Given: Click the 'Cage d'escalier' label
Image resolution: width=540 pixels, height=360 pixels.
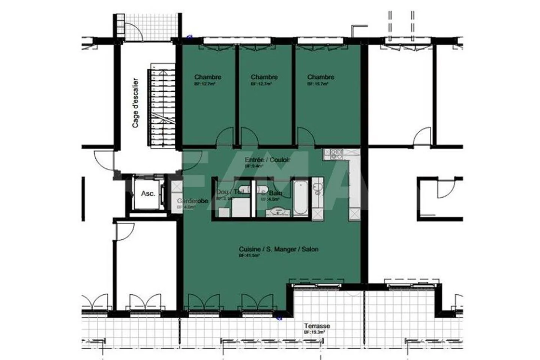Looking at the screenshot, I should click(x=135, y=103).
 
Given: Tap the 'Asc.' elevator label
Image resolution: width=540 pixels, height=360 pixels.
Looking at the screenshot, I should click(x=148, y=194).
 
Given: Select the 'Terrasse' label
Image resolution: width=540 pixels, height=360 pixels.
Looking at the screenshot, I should click(x=317, y=326).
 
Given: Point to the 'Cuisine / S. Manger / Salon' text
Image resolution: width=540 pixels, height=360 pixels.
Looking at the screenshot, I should click(x=279, y=249).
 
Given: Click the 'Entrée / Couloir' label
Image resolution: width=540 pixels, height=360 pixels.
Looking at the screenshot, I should click(x=267, y=160).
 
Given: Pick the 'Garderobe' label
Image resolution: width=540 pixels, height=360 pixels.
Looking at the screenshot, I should click(x=192, y=201).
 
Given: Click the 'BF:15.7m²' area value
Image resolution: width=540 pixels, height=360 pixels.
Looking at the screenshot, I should click(x=318, y=84).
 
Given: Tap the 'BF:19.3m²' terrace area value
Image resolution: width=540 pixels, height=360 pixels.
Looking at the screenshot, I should click(x=314, y=332).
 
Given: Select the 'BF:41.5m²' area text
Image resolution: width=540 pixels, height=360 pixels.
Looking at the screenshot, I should click(x=249, y=255).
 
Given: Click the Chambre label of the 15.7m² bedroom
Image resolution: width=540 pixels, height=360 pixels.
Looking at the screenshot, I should click(x=321, y=77).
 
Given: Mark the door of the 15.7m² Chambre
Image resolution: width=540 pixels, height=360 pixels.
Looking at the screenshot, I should click(x=306, y=137).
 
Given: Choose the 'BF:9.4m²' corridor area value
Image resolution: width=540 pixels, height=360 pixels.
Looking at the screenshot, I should click(x=253, y=166).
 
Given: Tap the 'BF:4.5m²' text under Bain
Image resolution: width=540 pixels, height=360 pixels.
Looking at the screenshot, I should click(x=274, y=199).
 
